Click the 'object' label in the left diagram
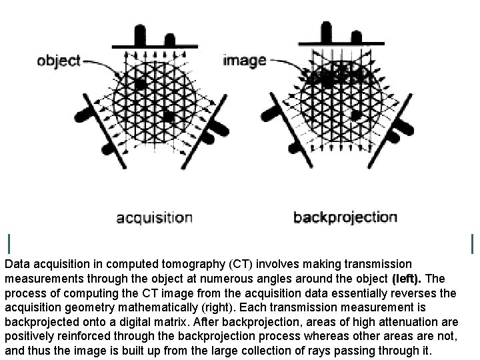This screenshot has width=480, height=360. click(x=58, y=61)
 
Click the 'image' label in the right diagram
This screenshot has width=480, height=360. click(x=244, y=60)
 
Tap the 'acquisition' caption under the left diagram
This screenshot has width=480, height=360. click(x=154, y=217)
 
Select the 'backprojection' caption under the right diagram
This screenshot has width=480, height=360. click(x=345, y=217)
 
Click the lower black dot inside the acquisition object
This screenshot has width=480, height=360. click(x=168, y=116)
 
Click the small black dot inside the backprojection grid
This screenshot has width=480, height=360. click(x=356, y=115)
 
